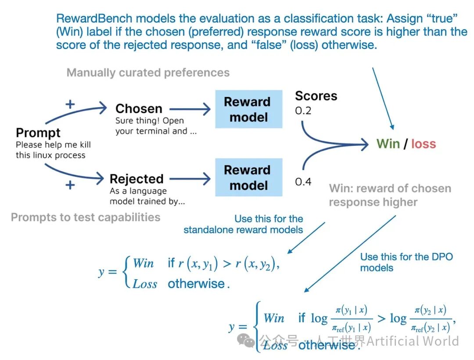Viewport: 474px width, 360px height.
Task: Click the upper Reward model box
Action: coord(249,109)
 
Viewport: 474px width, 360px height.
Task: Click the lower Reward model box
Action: coord(249,177)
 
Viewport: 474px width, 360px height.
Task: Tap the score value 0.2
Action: coord(303,111)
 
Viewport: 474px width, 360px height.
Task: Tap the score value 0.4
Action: coord(303,182)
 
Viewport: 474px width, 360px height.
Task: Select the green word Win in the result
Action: coord(388,144)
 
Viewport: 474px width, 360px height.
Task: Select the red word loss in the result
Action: coord(424,144)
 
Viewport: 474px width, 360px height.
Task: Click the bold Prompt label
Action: coord(38,133)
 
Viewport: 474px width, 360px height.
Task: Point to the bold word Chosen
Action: coord(139,108)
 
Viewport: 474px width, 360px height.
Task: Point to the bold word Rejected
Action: coord(136,179)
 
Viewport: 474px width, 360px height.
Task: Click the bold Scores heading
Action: coord(316,96)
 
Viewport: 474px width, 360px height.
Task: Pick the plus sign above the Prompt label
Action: coord(70,104)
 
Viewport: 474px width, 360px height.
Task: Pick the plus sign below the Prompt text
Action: coord(70,185)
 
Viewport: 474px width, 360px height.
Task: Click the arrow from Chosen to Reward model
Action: coord(190,109)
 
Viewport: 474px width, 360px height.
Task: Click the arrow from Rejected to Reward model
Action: coord(190,179)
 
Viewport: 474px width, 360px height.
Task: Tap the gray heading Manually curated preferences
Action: coord(148,73)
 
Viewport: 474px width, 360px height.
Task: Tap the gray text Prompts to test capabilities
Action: coord(86,217)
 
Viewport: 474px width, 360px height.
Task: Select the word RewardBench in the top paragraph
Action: coord(94,18)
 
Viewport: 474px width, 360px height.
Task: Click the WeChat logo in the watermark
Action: coord(246,341)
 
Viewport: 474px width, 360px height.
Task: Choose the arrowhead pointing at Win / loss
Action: coord(364,144)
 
